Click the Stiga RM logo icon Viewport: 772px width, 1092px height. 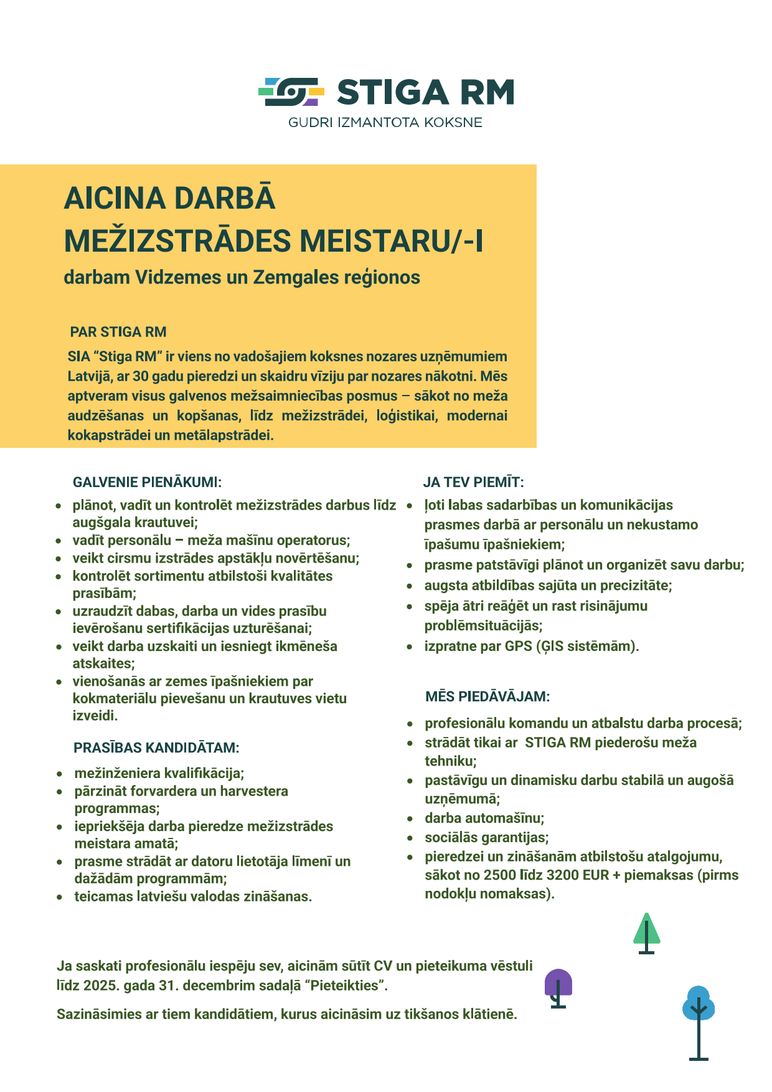click(291, 92)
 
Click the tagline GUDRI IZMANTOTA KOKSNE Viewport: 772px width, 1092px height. click(385, 123)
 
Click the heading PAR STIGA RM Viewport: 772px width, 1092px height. click(118, 332)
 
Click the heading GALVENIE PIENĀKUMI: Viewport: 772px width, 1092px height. click(147, 482)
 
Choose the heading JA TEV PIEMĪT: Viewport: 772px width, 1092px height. click(473, 482)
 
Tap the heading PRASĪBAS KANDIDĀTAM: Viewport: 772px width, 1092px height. click(156, 748)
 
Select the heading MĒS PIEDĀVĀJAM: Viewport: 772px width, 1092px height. click(487, 696)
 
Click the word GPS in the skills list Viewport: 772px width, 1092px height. click(518, 646)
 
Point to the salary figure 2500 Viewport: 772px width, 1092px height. click(500, 875)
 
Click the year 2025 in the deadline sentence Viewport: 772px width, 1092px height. click(100, 985)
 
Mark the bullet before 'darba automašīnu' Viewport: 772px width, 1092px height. click(410, 819)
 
